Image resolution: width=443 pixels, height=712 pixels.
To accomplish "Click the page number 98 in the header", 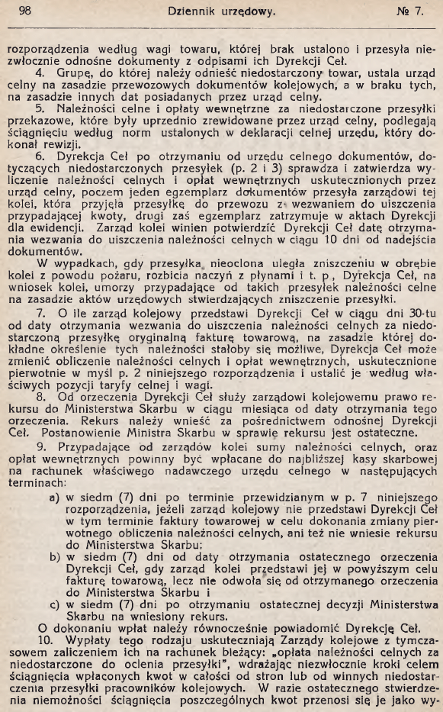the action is coord(24,11).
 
